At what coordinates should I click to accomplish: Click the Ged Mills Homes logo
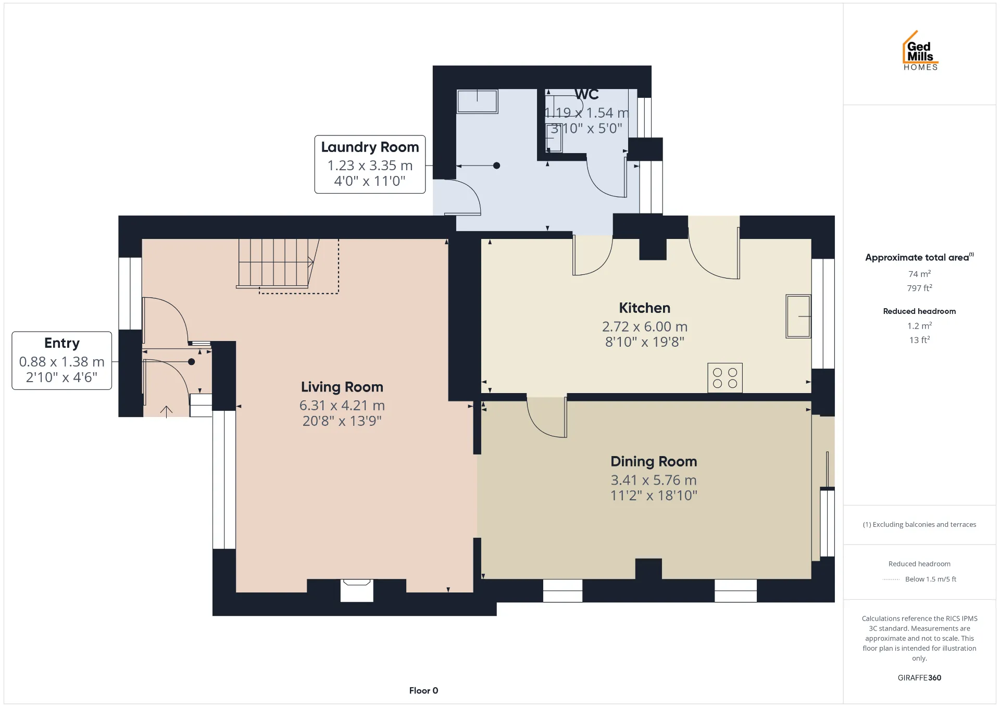pyautogui.click(x=920, y=51)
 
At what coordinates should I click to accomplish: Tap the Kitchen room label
pyautogui.click(x=644, y=308)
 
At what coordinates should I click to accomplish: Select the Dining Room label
pyautogui.click(x=654, y=461)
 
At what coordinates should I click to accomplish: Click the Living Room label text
pyautogui.click(x=342, y=387)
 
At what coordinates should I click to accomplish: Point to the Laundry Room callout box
pyautogui.click(x=370, y=165)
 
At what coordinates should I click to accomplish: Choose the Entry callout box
pyautogui.click(x=62, y=360)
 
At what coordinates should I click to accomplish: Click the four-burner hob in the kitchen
pyautogui.click(x=725, y=377)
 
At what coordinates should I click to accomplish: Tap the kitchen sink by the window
pyautogui.click(x=798, y=316)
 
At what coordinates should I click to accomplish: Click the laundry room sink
pyautogui.click(x=477, y=101)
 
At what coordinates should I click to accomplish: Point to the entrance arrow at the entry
pyautogui.click(x=166, y=411)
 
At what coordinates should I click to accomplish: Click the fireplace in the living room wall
pyautogui.click(x=357, y=590)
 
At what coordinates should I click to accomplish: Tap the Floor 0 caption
pyautogui.click(x=423, y=690)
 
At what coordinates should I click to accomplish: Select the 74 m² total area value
pyautogui.click(x=919, y=274)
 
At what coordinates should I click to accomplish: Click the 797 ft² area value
pyautogui.click(x=919, y=288)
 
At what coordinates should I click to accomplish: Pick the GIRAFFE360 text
pyautogui.click(x=919, y=677)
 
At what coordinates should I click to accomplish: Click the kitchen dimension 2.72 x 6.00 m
pyautogui.click(x=645, y=326)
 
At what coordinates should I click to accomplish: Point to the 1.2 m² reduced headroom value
pyautogui.click(x=919, y=325)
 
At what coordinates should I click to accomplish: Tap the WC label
pyautogui.click(x=586, y=94)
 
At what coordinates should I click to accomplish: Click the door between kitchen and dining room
pyautogui.click(x=547, y=416)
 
